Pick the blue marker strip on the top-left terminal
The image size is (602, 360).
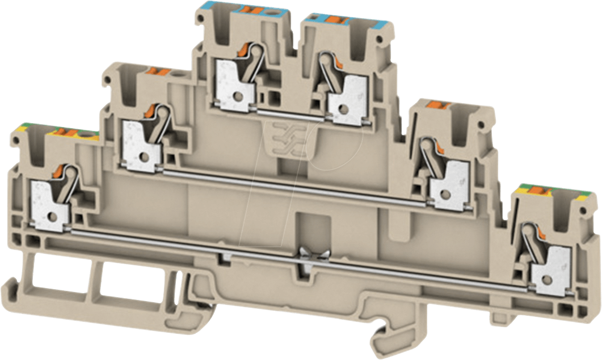click(227, 10)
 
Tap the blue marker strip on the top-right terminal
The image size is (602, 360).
click(346, 22)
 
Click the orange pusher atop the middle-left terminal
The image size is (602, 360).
click(156, 72)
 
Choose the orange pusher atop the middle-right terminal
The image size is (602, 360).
click(437, 104)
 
